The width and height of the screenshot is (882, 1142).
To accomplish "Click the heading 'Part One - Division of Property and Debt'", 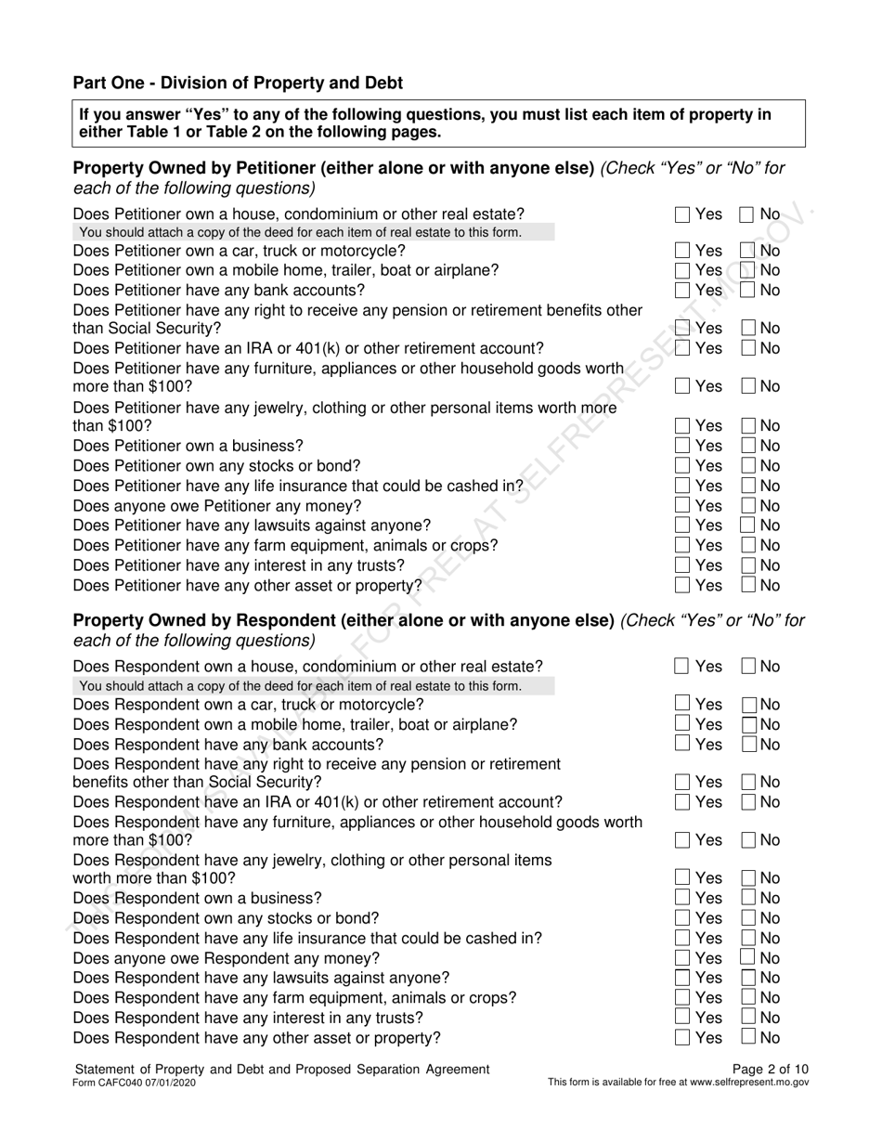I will (x=238, y=83).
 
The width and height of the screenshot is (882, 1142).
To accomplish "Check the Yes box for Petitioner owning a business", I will (x=682, y=446).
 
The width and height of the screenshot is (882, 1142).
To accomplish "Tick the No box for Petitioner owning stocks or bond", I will (x=748, y=465).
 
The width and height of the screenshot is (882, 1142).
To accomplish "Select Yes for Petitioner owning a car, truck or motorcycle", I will (x=682, y=251).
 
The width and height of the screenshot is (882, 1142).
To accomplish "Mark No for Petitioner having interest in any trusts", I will (x=748, y=565).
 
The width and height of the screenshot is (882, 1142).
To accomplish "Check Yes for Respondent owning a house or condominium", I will (x=682, y=667).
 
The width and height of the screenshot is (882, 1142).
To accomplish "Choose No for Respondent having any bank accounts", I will (x=748, y=745).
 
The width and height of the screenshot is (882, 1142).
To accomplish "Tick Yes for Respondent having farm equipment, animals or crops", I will (x=682, y=997).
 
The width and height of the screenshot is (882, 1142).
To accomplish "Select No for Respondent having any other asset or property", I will (x=748, y=1037).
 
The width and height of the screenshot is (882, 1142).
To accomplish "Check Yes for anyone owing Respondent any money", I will (x=682, y=957).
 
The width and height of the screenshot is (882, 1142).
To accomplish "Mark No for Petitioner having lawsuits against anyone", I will (x=748, y=526).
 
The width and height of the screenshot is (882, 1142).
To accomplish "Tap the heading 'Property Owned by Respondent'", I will (x=344, y=619).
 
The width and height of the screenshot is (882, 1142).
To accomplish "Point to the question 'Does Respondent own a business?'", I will (x=197, y=898).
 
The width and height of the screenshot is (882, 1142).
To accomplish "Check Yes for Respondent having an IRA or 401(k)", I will (x=682, y=802).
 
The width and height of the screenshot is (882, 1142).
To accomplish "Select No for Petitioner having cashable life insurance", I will (x=748, y=486).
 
